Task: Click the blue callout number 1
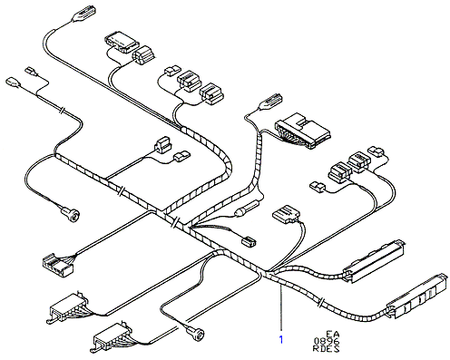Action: coord(281,340)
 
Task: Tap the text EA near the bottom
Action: coord(333,335)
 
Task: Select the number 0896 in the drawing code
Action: coord(327,342)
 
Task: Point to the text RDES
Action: coord(326,349)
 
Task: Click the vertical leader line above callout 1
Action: coord(281,308)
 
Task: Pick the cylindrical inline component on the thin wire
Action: coord(247,209)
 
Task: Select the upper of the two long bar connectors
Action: coord(374,260)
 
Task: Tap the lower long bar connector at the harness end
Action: coord(417,296)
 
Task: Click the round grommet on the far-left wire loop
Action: coord(72,214)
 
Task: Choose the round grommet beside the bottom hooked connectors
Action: coord(194,332)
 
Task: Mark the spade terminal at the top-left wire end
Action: coord(84,15)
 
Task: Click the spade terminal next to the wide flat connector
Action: coord(269,102)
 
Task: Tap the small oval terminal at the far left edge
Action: coord(13,83)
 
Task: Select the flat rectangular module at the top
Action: coord(122,43)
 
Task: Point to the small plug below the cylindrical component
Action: coord(249,241)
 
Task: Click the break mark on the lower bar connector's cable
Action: coord(321,302)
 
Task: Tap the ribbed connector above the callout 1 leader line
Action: coord(286,214)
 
